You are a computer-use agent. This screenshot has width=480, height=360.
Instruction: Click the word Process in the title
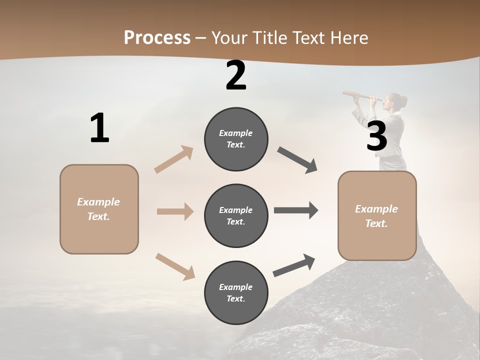coord(157,37)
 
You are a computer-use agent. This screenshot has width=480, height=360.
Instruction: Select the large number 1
coord(99,128)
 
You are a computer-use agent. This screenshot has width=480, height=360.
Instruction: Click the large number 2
coord(236,75)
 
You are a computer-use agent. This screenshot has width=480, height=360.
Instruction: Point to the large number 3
coord(376,136)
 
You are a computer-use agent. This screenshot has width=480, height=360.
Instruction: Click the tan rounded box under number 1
coord(99,209)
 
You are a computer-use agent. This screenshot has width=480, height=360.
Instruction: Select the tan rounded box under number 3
coord(377,215)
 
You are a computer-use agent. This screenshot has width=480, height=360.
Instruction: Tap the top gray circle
coord(236,139)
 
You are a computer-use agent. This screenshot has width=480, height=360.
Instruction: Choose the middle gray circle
coord(236,215)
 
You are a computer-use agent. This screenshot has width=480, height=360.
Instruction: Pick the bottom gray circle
coord(236,292)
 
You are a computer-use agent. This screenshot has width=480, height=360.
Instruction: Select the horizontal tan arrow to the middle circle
coord(175,211)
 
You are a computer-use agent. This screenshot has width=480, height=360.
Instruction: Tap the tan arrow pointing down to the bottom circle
coord(175,266)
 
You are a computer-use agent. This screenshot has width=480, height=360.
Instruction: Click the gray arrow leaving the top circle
coord(297,160)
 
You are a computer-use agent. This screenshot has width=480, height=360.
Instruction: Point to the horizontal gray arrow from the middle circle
coord(296,210)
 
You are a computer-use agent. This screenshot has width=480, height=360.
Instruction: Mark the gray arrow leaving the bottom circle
coord(294,265)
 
